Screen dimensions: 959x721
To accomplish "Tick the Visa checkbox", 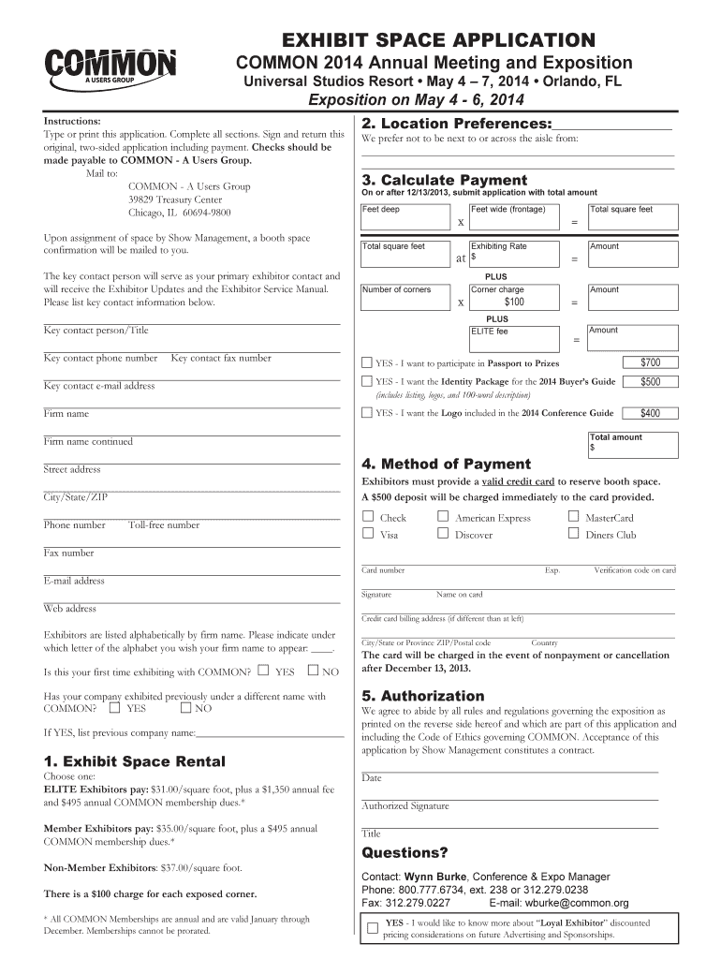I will (x=368, y=534).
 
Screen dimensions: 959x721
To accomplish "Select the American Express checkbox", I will (x=443, y=517).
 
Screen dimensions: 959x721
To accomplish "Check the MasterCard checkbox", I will (x=573, y=517).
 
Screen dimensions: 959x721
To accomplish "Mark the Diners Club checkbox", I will (x=573, y=534).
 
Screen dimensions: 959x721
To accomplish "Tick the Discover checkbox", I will (x=443, y=534).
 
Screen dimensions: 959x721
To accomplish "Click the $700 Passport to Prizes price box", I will (x=650, y=362).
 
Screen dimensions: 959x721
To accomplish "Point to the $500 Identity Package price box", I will (x=650, y=382).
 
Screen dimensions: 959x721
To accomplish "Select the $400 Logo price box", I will (x=650, y=413).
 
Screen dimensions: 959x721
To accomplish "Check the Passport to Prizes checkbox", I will (x=367, y=363).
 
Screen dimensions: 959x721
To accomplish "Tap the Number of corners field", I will (x=409, y=297).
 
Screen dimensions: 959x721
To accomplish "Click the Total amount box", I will (x=631, y=443).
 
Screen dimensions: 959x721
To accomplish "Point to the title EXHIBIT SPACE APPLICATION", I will (x=432, y=39).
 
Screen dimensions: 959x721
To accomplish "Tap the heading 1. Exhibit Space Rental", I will (x=134, y=761).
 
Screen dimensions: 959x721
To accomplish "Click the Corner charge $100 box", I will (x=513, y=297).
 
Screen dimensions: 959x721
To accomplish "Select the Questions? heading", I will (x=405, y=853).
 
